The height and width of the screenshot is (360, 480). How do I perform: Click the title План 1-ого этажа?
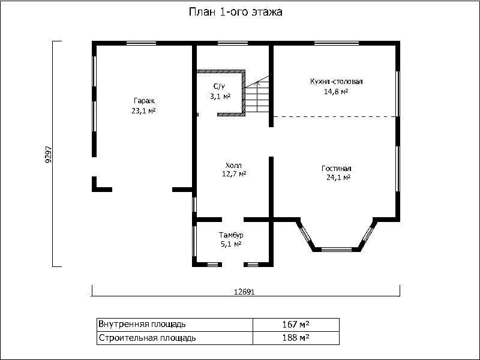235,12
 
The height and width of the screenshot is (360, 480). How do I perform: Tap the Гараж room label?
144,101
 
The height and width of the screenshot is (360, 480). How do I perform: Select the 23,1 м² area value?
143,111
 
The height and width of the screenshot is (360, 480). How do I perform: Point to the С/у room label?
219,86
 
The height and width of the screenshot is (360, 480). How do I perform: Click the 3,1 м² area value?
220,97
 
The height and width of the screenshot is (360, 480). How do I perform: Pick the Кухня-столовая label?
337,82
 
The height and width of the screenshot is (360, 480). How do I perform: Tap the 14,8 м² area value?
336,92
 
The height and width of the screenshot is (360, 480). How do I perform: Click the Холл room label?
233,166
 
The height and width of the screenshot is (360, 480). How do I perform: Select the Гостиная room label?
337,169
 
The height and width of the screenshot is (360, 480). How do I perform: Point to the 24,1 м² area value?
338,178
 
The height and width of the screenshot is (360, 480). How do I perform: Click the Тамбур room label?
231,235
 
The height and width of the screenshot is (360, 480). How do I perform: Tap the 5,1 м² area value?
231,244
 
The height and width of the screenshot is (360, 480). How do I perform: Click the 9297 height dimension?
49,154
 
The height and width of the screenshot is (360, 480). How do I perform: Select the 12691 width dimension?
244,292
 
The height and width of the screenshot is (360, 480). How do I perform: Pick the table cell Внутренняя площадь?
175,325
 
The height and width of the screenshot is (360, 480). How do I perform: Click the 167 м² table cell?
296,325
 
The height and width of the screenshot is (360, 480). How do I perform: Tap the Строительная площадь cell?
175,338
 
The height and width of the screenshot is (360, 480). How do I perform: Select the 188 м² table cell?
296,338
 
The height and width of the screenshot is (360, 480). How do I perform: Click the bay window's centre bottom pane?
336,250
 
